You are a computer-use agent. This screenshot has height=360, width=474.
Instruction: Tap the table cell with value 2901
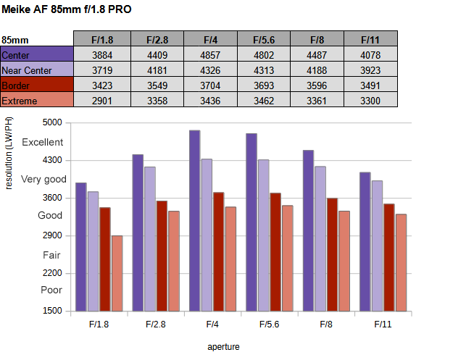point(100,101)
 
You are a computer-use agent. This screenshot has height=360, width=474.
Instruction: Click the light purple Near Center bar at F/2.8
point(150,239)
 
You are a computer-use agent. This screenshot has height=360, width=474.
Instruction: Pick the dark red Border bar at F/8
point(332,254)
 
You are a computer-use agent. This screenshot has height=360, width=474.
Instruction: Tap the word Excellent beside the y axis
point(43,142)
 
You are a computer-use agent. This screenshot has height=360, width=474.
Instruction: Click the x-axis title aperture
point(223,346)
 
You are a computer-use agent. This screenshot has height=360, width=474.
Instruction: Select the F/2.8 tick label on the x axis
point(156,324)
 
